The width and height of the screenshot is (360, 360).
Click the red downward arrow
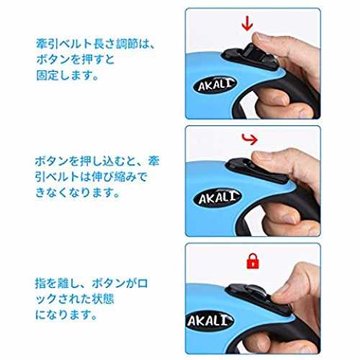[247, 24]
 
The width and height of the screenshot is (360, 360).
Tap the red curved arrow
[250, 140]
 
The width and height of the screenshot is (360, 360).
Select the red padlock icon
[253, 261]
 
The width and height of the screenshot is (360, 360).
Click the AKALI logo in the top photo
[215, 85]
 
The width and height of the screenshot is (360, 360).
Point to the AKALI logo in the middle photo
[217, 197]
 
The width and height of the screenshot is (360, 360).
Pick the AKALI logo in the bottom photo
[210, 320]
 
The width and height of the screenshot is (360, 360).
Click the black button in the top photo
[250, 58]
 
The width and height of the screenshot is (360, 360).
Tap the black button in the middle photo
[257, 170]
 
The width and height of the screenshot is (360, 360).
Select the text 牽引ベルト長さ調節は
[92, 44]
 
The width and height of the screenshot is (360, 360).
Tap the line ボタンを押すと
[76, 60]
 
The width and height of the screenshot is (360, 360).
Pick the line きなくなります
[77, 192]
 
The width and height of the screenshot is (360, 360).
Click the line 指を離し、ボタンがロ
[91, 284]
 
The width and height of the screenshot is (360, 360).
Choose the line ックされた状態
[75, 299]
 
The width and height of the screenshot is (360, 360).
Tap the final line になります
[66, 315]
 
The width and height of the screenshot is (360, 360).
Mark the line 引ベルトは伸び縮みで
[91, 177]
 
